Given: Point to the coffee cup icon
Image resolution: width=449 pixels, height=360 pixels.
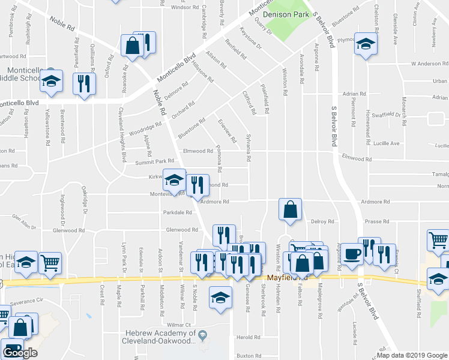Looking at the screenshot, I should (x=352, y=254).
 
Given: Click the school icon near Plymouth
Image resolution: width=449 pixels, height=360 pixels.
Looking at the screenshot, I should (x=365, y=44).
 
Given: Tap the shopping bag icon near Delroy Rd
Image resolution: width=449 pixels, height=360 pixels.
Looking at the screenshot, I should (x=289, y=209).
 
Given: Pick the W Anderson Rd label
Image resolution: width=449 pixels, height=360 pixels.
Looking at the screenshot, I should (x=430, y=64).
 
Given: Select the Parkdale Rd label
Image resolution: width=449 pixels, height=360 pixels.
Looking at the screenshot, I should (x=176, y=212).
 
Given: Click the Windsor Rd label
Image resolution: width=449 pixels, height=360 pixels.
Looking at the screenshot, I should (x=185, y=7).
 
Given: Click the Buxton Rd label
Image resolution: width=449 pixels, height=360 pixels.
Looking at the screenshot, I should (x=249, y=356).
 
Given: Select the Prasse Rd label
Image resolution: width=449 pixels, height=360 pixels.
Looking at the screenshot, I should (x=377, y=221).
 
